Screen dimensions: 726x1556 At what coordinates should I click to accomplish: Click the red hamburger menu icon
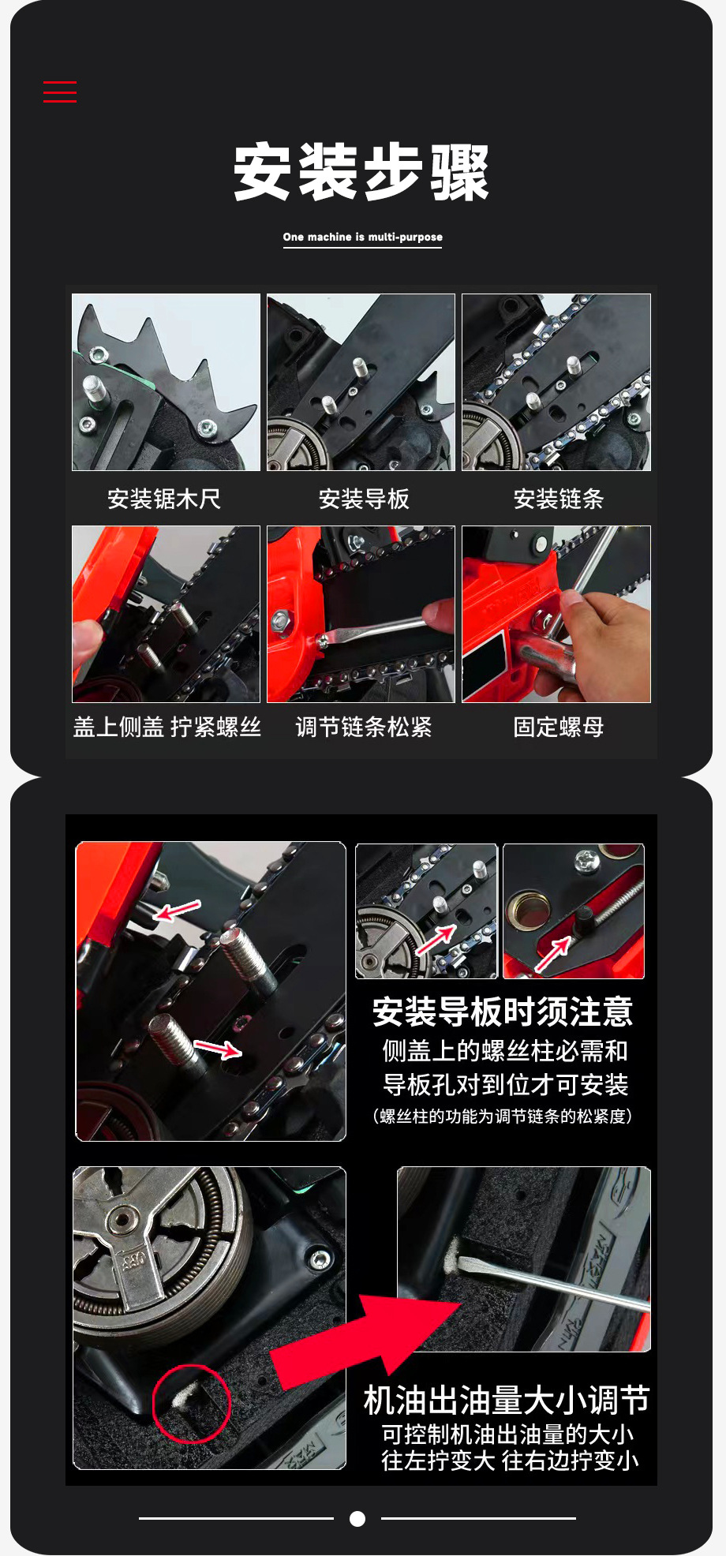(60, 92)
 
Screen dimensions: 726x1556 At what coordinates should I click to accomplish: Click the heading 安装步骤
(362, 173)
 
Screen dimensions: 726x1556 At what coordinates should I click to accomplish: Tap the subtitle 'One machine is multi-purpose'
(363, 237)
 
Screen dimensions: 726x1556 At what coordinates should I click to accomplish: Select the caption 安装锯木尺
(164, 499)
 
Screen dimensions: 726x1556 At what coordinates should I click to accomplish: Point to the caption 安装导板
(364, 499)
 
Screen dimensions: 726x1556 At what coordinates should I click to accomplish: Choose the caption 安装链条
(558, 499)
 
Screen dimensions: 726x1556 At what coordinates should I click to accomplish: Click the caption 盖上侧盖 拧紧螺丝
(167, 727)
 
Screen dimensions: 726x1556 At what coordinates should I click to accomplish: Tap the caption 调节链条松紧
(364, 727)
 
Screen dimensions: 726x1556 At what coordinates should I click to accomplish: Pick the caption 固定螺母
(558, 727)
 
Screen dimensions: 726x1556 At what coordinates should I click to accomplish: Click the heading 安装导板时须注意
(503, 1012)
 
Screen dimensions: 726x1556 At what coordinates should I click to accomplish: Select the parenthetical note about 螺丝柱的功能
(503, 1116)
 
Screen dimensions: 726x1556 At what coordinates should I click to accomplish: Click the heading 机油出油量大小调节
(507, 1401)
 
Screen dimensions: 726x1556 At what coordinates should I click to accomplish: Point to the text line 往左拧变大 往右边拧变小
(510, 1461)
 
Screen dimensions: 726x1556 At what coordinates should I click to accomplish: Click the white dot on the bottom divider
(357, 1518)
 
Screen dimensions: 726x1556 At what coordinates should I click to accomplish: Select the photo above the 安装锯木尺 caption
(166, 383)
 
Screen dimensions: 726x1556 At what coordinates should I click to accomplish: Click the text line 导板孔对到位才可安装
(506, 1085)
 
